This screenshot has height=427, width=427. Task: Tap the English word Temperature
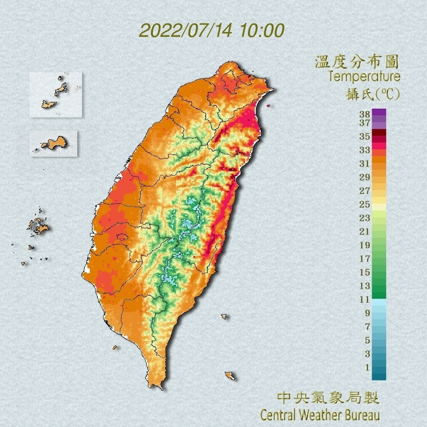coord(364,77)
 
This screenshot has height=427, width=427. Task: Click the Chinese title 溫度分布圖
coord(357,62)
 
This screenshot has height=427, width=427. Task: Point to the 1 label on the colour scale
coord(367,367)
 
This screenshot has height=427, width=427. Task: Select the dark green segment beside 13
coord(379,286)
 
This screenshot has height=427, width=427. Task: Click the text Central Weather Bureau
coord(320,415)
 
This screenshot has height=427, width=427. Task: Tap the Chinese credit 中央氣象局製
coord(328,399)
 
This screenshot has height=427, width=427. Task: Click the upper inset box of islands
coord(55,95)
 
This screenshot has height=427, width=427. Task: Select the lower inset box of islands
coord(53,143)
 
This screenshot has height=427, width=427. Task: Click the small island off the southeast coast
coord(230,376)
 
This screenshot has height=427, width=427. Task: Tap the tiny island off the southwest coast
coord(115,347)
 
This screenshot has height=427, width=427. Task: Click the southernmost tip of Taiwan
coord(158,387)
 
